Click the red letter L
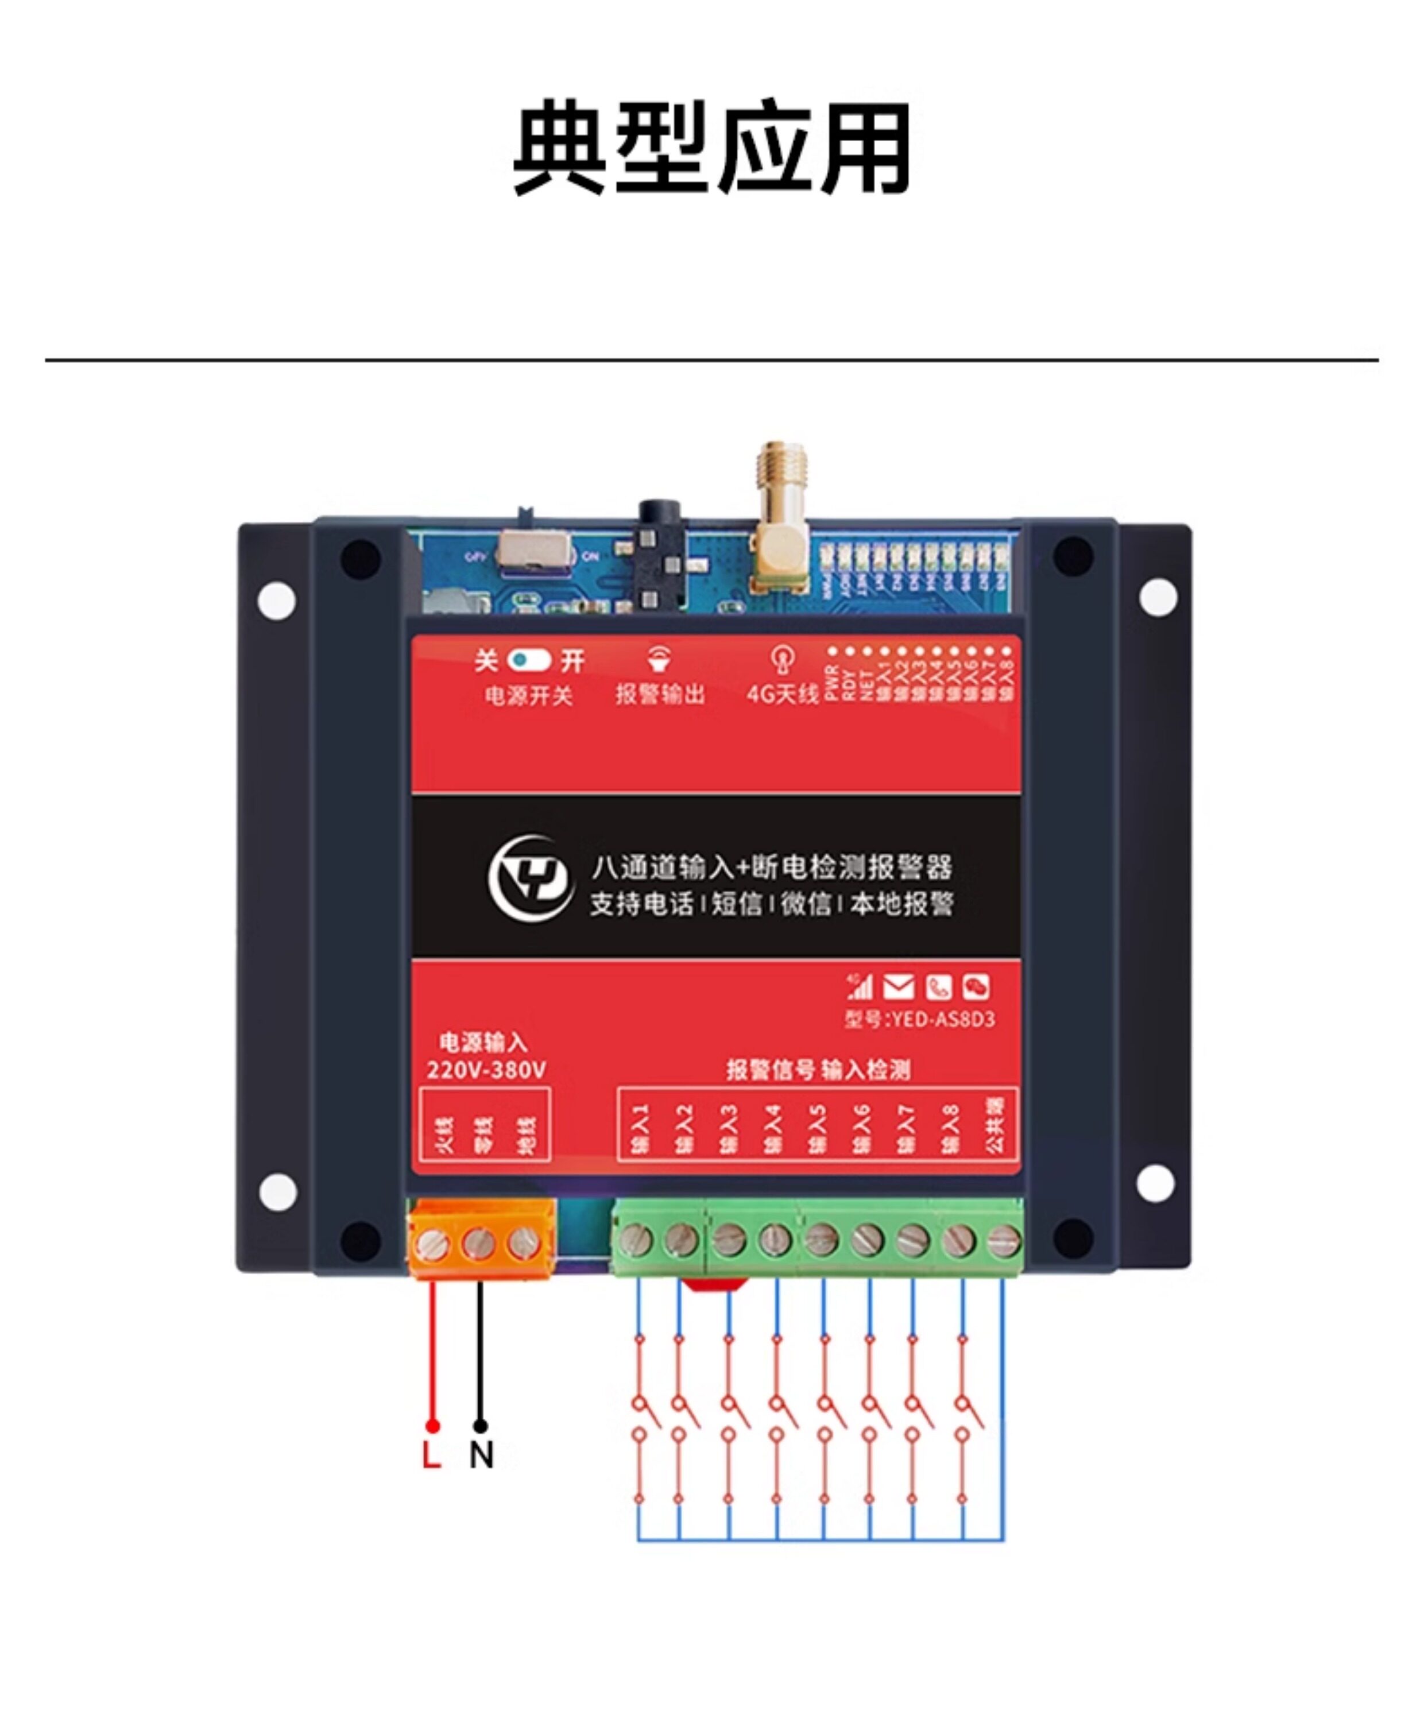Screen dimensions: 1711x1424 pyautogui.click(x=431, y=1454)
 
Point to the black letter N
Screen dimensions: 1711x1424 pyautogui.click(x=481, y=1454)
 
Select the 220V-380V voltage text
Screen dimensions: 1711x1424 pyautogui.click(x=486, y=1070)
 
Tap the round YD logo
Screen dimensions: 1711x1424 pyautogui.click(x=531, y=878)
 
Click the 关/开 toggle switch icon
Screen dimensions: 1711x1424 pyautogui.click(x=529, y=660)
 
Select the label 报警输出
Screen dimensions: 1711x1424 pyautogui.click(x=659, y=694)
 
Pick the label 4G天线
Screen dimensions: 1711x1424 pyautogui.click(x=781, y=694)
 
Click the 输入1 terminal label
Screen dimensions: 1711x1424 pyautogui.click(x=640, y=1128)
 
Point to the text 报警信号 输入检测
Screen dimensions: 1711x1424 pyautogui.click(x=818, y=1070)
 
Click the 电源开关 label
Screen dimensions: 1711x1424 pyautogui.click(x=529, y=695)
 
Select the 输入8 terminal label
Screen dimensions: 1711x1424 pyautogui.click(x=951, y=1128)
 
